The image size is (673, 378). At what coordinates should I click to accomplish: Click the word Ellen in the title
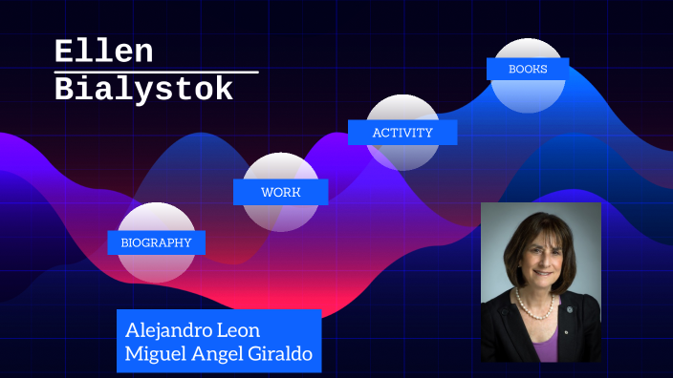(x=103, y=52)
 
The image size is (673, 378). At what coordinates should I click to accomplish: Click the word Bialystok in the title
(x=143, y=90)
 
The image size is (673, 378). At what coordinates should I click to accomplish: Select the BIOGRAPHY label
(x=156, y=242)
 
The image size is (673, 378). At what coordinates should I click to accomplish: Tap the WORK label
(x=280, y=192)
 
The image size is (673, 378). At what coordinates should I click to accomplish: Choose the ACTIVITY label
(x=402, y=133)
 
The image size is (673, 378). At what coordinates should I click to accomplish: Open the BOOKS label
(x=527, y=69)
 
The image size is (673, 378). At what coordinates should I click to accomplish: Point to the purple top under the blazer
(x=545, y=345)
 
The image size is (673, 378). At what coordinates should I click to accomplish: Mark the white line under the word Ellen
(x=156, y=72)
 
